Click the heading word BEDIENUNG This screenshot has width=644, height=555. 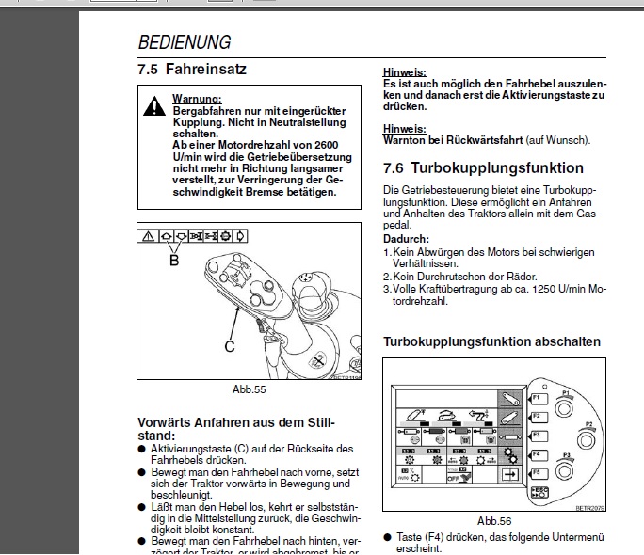pyautogui.click(x=185, y=42)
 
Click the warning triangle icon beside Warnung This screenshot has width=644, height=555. pyautogui.click(x=153, y=107)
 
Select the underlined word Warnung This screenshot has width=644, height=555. pyautogui.click(x=197, y=99)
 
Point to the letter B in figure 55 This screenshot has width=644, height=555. pyautogui.click(x=173, y=261)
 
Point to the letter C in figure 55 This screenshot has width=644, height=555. pyautogui.click(x=229, y=346)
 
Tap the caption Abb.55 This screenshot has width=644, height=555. pyautogui.click(x=250, y=388)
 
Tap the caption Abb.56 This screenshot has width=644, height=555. pyautogui.click(x=493, y=519)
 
